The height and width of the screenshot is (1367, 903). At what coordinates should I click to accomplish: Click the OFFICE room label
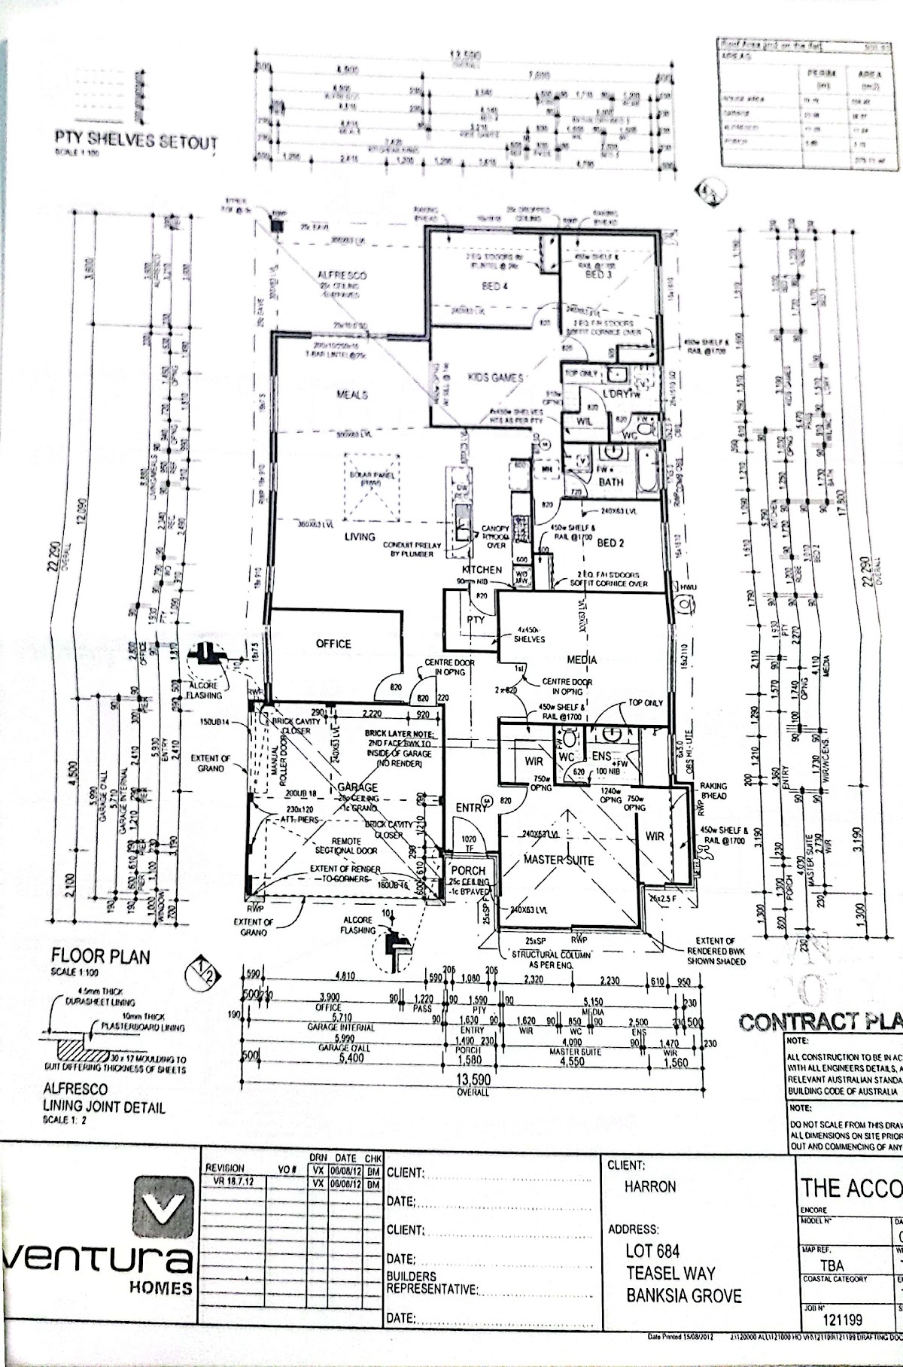click(333, 644)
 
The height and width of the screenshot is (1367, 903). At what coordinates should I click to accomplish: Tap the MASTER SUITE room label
click(559, 860)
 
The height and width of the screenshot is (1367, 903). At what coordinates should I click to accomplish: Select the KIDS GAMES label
click(495, 377)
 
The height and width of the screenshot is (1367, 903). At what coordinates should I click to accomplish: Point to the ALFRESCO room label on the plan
click(342, 276)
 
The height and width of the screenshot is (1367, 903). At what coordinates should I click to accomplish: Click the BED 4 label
click(494, 286)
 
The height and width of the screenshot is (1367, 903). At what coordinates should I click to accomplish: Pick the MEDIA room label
click(582, 659)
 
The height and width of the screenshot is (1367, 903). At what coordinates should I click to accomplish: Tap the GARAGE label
click(357, 787)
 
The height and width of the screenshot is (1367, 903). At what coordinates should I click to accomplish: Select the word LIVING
click(360, 537)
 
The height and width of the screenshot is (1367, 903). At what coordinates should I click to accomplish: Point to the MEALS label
click(351, 394)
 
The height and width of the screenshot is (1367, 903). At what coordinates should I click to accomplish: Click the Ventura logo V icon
click(163, 1210)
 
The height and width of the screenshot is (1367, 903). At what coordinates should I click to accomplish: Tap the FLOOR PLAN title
click(100, 957)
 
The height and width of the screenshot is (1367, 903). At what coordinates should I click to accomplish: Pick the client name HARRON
click(650, 1186)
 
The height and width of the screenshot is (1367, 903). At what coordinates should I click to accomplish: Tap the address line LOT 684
click(652, 1251)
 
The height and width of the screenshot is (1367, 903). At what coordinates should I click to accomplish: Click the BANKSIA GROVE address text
click(683, 1295)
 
